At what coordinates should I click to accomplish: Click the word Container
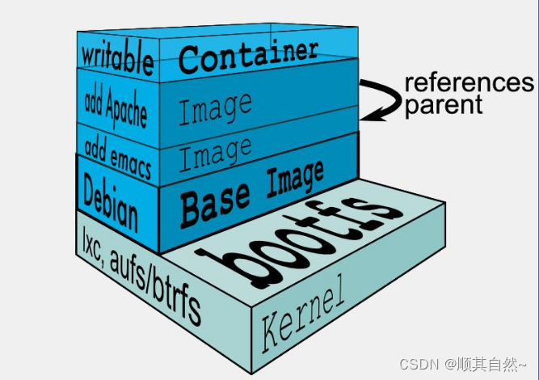click(248, 54)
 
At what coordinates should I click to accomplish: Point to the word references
click(469, 83)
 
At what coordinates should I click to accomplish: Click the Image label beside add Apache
click(215, 108)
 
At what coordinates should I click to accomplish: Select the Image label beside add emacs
click(215, 154)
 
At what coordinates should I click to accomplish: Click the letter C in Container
click(190, 58)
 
